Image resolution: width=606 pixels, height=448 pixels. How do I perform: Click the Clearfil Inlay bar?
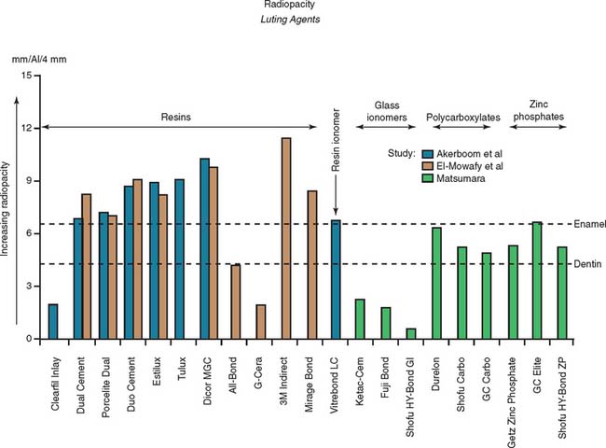click(53, 321)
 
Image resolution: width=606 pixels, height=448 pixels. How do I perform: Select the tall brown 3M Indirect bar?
click(285, 238)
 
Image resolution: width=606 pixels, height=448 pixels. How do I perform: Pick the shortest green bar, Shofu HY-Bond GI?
click(411, 333)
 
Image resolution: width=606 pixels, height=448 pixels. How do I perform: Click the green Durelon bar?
click(435, 283)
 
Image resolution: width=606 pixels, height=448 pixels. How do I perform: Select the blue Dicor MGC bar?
click(205, 248)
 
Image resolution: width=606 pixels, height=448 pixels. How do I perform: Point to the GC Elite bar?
click(536, 280)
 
